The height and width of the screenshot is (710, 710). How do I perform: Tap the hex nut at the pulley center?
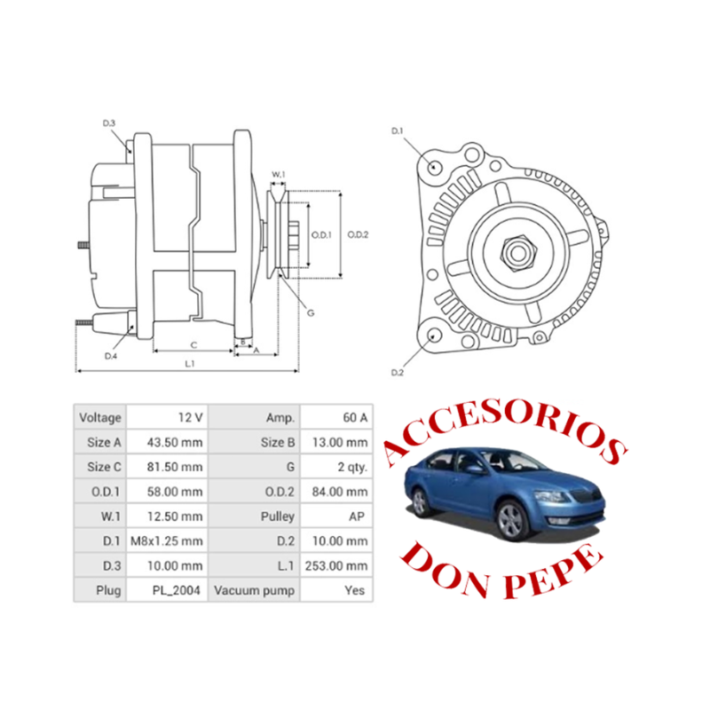point(518,253)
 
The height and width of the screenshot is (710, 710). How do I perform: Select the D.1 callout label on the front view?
point(398,132)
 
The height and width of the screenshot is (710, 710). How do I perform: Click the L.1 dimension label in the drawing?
point(189,363)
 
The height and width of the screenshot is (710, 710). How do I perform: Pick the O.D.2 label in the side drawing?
point(358,234)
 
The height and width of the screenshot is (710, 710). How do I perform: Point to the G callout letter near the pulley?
point(311,312)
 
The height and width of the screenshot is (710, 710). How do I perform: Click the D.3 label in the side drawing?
point(110,123)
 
